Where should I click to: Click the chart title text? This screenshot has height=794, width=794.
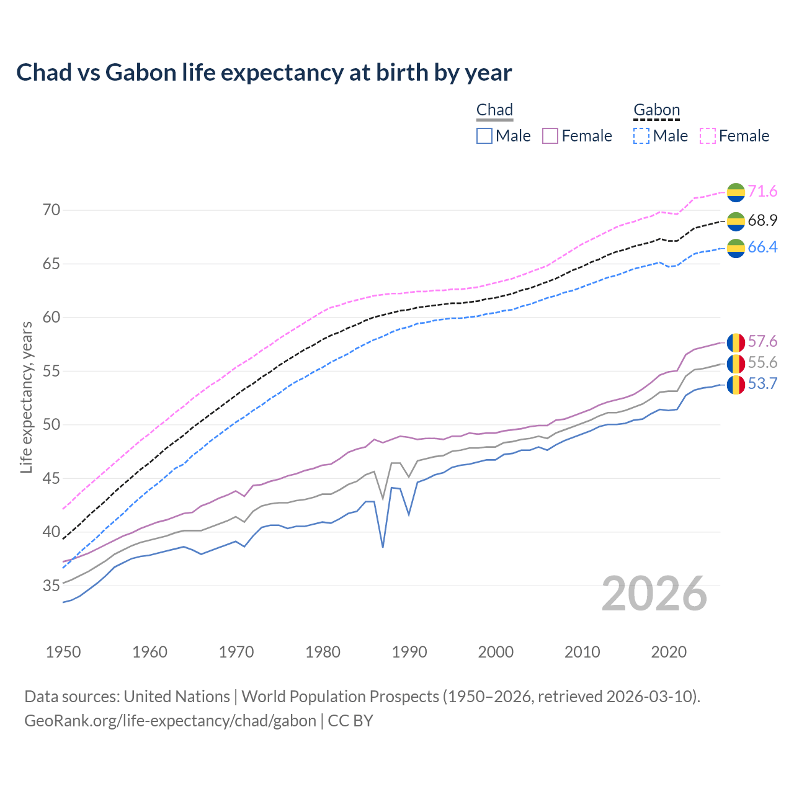[x=264, y=73]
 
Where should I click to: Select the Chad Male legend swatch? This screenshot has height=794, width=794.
[x=484, y=136]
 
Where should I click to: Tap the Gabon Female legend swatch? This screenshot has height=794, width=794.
[x=707, y=136]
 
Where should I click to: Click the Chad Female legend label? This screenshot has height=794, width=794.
[x=586, y=136]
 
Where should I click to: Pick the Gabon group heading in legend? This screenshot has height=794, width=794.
[x=656, y=110]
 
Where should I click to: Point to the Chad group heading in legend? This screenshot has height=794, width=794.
[x=494, y=110]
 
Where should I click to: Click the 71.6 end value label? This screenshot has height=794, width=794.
[x=762, y=192]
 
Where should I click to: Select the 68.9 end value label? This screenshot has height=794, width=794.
[x=762, y=220]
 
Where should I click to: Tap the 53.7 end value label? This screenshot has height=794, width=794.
[x=762, y=384]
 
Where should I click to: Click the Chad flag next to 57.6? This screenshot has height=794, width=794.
[x=736, y=342]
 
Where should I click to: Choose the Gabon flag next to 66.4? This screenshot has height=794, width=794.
[x=736, y=248]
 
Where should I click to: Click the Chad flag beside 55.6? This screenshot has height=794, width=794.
[x=736, y=364]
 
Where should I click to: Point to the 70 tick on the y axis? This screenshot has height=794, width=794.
[x=51, y=210]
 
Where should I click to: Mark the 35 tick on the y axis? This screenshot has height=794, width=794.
[x=51, y=586]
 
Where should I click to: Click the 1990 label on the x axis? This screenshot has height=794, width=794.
[x=409, y=652]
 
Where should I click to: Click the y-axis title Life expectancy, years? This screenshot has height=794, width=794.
[x=26, y=397]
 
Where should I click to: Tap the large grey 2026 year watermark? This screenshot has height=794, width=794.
[x=654, y=594]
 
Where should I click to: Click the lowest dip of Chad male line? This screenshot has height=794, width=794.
[x=383, y=546]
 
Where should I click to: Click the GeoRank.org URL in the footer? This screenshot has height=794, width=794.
[x=170, y=721]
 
